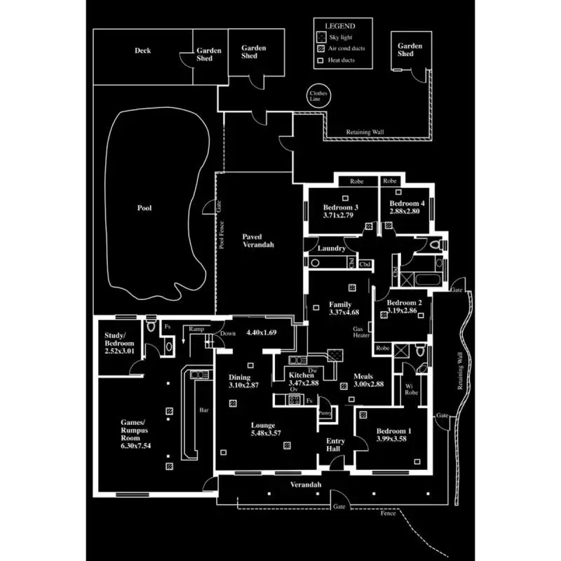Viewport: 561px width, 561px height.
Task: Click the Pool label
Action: coord(144,208)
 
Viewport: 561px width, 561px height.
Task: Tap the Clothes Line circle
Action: coord(318,97)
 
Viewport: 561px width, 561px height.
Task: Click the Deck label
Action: coord(142,50)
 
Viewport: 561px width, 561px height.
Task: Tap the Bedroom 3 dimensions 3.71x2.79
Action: coord(341,216)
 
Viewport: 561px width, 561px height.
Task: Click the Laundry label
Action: coord(330,248)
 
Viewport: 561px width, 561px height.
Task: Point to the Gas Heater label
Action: coord(360,332)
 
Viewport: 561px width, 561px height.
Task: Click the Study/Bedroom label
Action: coord(119,339)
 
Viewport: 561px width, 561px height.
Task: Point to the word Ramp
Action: coord(196,328)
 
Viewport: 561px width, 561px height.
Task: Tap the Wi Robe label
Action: coord(412,389)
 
